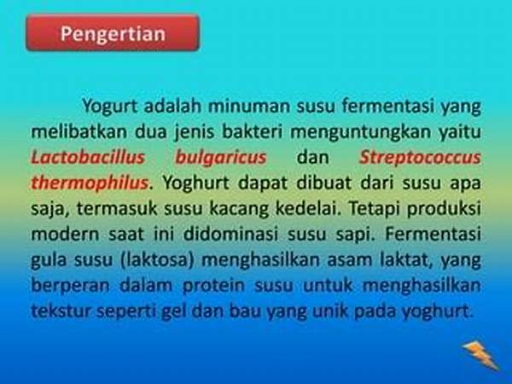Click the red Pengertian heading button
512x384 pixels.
coord(113,32)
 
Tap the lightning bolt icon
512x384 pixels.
coord(480,355)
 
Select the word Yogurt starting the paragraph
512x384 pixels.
coord(110,107)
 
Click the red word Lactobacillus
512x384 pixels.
coord(88,157)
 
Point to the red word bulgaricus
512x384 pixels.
coord(221,158)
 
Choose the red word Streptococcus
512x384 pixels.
coord(420,158)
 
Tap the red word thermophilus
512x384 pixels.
coord(90,183)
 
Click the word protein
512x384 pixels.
coord(213,286)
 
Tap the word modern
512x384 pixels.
coord(65,234)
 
